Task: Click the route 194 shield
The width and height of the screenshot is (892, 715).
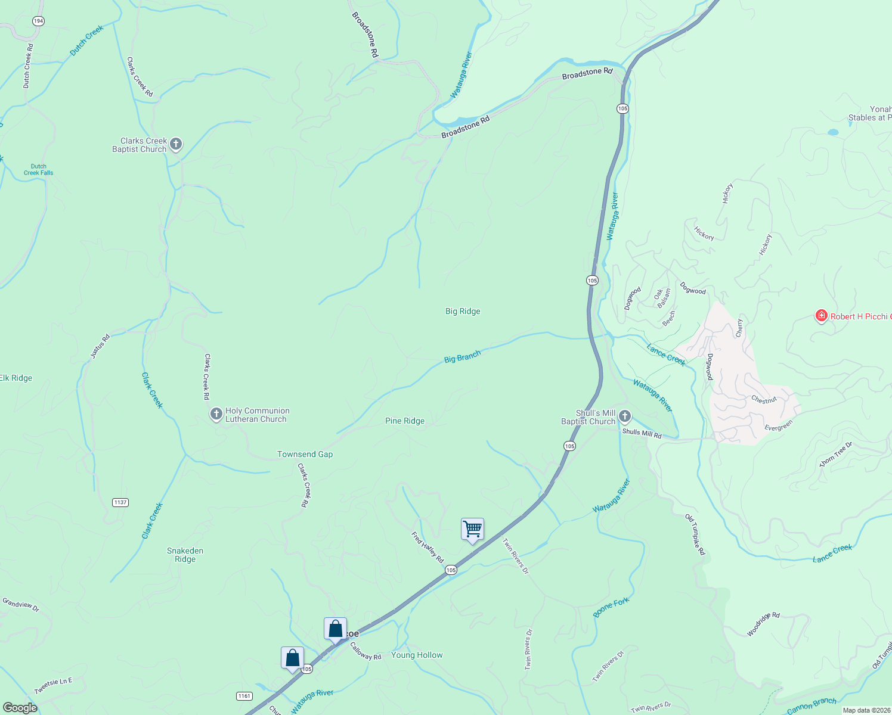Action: click(39, 21)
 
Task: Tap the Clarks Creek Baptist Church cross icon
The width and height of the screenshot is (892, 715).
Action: click(175, 144)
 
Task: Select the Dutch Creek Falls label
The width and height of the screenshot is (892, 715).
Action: click(38, 170)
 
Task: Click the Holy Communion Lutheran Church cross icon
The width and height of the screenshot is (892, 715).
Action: click(216, 414)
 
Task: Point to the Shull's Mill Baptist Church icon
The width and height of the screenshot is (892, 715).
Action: click(624, 416)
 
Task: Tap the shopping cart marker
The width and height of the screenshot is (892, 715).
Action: click(472, 529)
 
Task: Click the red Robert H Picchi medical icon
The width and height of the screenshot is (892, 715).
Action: click(821, 316)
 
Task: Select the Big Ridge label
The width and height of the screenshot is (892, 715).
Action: click(463, 311)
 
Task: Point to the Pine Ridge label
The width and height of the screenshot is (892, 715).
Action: click(405, 421)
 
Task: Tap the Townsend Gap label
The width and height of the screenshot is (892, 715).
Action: click(305, 454)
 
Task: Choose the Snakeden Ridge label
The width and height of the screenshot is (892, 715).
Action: click(185, 555)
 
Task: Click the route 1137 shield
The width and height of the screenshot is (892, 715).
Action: click(120, 502)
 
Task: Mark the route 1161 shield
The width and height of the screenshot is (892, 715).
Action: click(244, 696)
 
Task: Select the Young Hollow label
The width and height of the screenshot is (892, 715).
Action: click(417, 655)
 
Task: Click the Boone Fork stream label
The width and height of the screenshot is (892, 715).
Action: click(611, 607)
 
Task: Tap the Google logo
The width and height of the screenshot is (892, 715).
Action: click(21, 708)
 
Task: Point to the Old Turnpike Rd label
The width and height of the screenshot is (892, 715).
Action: click(695, 534)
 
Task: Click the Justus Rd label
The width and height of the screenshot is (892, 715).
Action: click(100, 346)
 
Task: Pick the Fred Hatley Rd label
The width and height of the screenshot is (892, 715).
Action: click(428, 547)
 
